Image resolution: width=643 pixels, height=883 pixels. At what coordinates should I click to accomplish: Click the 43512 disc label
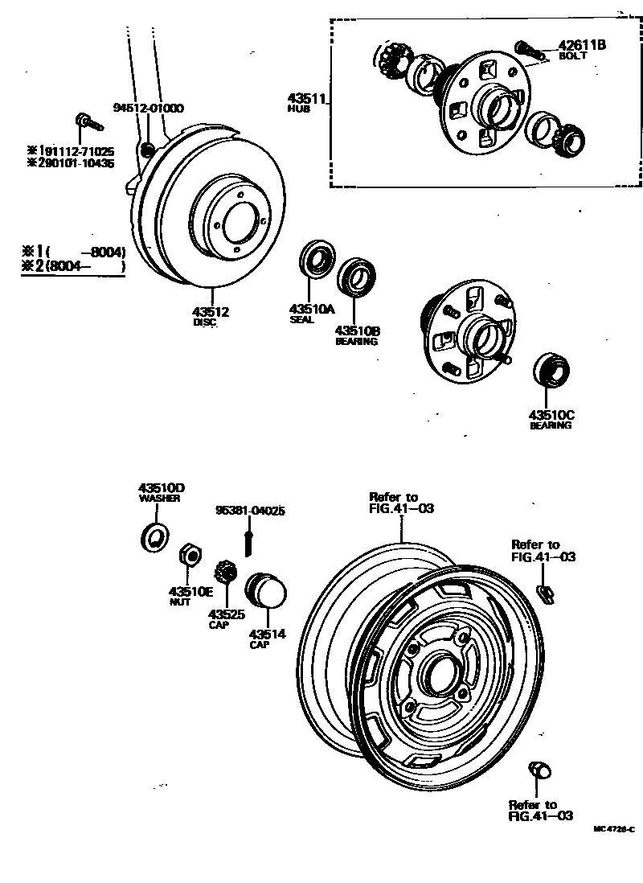pos(210,312)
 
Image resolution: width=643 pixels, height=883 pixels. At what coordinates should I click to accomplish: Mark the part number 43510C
pos(551,415)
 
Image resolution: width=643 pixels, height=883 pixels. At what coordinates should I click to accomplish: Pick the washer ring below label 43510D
pos(154,536)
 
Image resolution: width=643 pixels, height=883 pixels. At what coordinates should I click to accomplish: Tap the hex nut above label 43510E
pos(189,555)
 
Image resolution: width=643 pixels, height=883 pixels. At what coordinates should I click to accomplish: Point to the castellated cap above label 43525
pos(224,575)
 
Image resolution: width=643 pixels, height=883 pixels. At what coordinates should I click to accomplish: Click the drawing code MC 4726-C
pos(614,828)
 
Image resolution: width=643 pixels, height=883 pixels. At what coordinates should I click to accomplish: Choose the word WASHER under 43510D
pos(159,499)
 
